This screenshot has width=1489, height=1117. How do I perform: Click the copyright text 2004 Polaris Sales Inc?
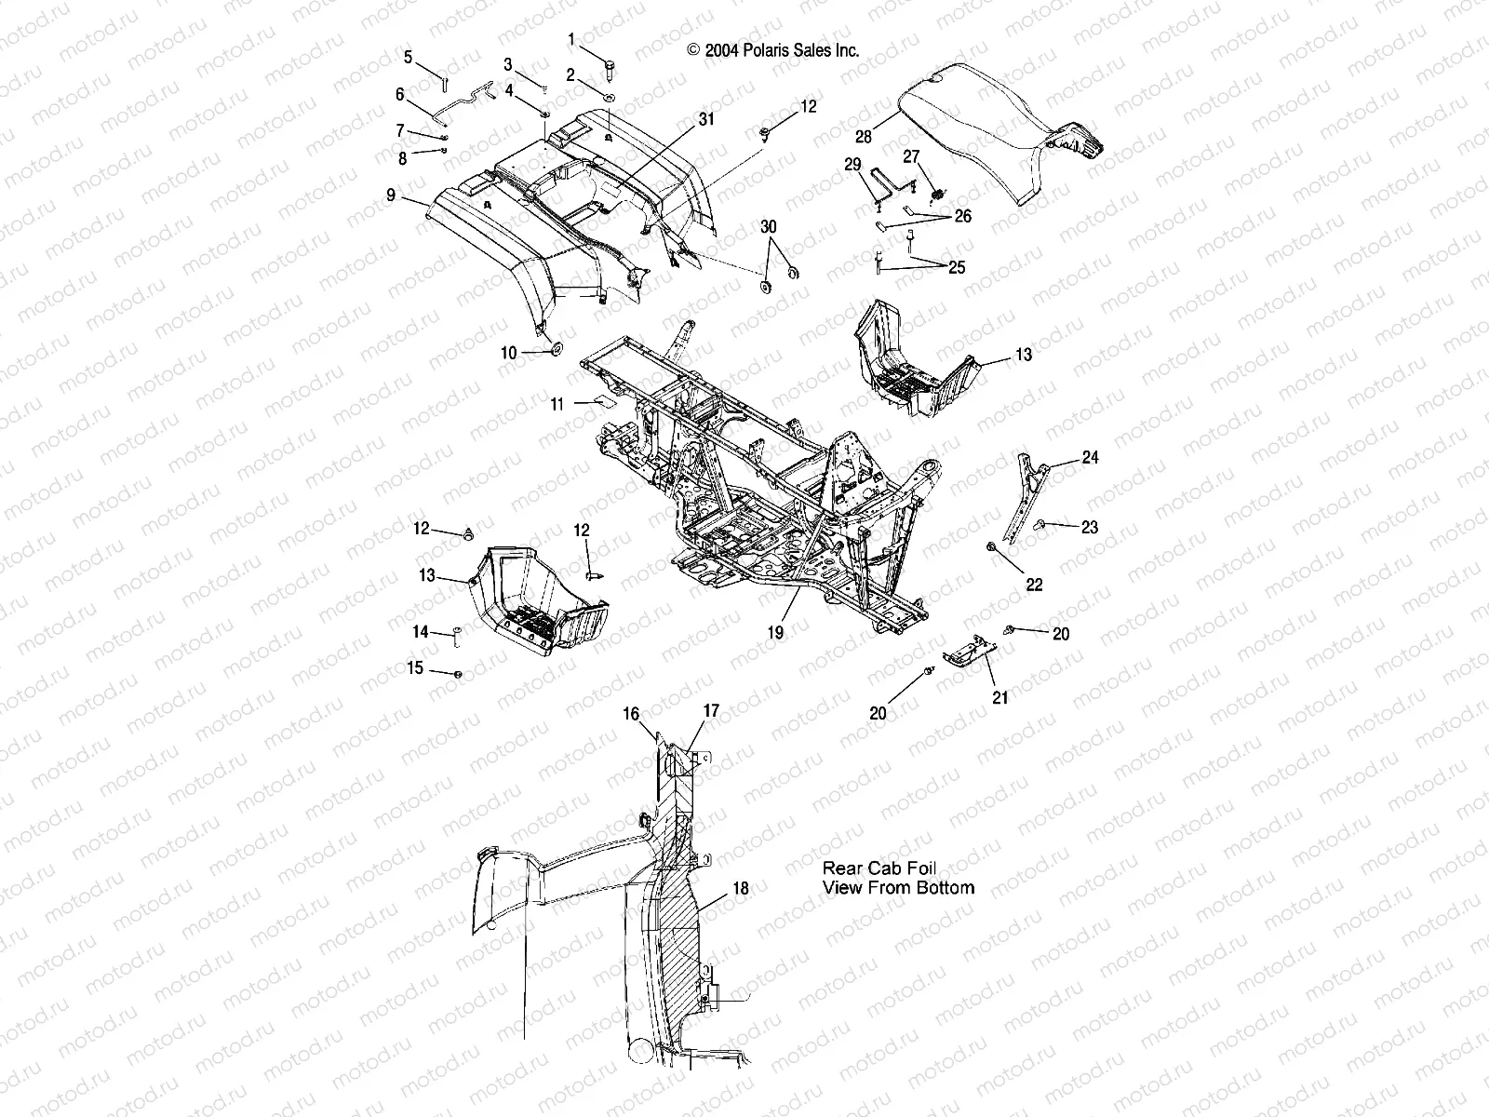click(772, 51)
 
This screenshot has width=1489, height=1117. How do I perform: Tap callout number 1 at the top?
click(571, 39)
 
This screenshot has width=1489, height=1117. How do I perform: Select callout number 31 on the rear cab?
click(706, 119)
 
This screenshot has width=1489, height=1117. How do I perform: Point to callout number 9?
click(391, 195)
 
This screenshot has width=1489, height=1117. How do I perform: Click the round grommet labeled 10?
click(554, 349)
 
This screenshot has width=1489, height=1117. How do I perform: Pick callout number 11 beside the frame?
click(557, 404)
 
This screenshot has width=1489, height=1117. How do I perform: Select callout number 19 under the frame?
click(775, 632)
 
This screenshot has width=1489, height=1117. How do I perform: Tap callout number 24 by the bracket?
click(1090, 458)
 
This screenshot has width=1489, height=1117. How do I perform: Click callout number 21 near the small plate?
click(999, 697)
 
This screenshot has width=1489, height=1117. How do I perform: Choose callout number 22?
click(1034, 585)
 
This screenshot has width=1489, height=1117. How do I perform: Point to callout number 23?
click(1089, 527)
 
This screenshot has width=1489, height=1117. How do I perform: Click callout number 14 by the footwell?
click(421, 632)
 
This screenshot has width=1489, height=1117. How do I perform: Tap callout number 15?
click(415, 667)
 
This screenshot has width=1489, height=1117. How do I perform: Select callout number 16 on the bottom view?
click(631, 714)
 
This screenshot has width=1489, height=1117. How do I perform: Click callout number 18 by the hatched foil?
click(740, 889)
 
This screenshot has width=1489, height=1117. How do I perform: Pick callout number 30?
click(768, 227)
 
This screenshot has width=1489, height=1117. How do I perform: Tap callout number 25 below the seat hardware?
click(957, 268)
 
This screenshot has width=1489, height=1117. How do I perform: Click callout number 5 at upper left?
click(408, 58)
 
